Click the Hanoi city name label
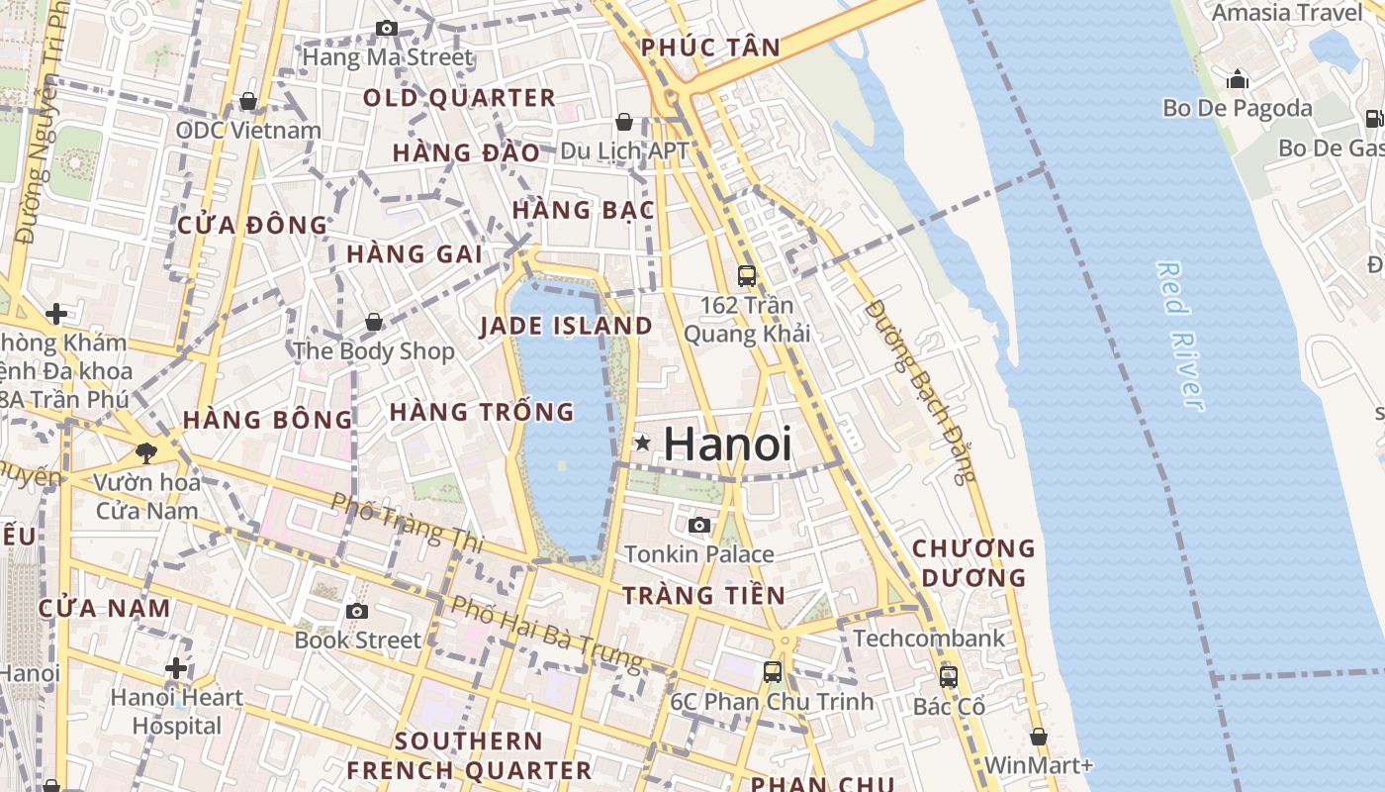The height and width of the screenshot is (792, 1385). (x=727, y=444)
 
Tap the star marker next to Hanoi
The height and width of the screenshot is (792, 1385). (x=643, y=444)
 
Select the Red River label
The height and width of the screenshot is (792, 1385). (x=1181, y=335)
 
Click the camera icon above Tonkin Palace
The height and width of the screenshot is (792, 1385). (x=699, y=525)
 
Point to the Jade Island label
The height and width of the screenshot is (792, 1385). (x=566, y=326)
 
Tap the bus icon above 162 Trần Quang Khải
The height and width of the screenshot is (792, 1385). (x=747, y=275)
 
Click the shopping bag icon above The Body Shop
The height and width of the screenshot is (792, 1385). (x=374, y=322)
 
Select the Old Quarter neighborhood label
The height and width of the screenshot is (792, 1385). (x=459, y=98)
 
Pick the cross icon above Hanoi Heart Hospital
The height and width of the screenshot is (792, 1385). (x=176, y=668)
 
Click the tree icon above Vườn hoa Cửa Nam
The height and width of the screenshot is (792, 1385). (x=146, y=453)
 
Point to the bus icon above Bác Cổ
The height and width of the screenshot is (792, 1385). (x=949, y=677)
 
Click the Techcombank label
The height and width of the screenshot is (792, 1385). (x=928, y=639)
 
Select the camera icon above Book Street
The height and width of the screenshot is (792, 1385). (x=357, y=611)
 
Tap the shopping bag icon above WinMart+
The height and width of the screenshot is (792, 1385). (x=1038, y=737)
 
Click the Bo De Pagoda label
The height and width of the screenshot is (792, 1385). (x=1238, y=108)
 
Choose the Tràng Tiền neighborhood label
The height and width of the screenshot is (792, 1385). (x=703, y=595)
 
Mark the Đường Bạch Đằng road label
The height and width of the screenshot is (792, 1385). (x=920, y=391)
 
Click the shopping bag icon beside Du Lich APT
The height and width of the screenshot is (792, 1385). (x=624, y=122)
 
